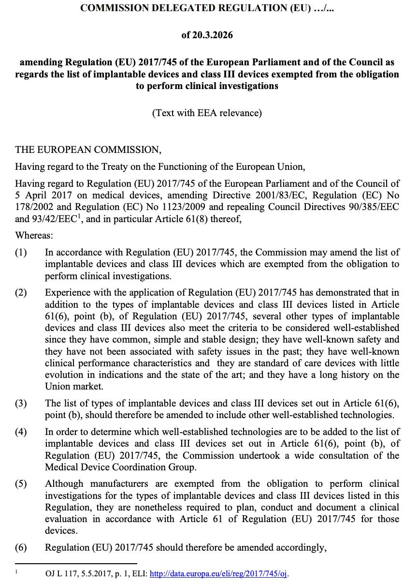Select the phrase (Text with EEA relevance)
click(x=207, y=113)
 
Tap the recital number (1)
click(x=21, y=253)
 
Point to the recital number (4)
click(x=21, y=432)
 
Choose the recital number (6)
click(x=21, y=548)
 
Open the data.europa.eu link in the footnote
click(x=219, y=574)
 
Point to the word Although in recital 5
click(x=64, y=484)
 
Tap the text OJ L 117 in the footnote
click(x=60, y=574)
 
